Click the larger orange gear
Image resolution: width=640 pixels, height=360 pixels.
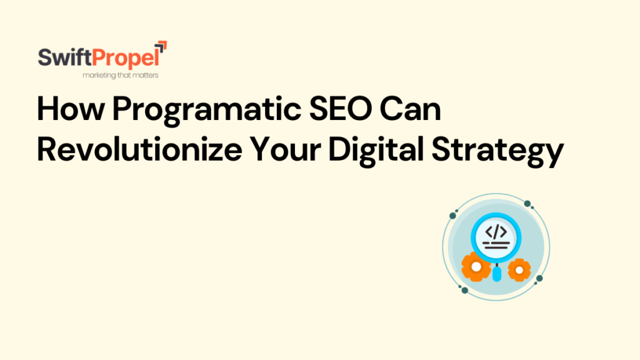pos(476,267)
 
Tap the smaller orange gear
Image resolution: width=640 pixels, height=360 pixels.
pos(519,269)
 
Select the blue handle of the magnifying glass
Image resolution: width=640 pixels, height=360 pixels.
pos(497,274)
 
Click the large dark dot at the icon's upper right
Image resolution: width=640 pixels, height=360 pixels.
pos(527,204)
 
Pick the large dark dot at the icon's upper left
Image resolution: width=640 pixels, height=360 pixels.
pos(451,216)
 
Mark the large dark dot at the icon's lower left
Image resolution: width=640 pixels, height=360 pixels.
pos(464,289)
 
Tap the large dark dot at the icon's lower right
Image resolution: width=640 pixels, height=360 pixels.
pos(540,279)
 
